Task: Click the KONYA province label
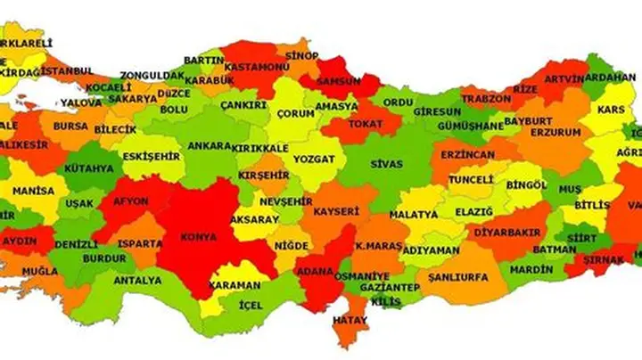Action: coord(199,239)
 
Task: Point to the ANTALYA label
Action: coord(138,280)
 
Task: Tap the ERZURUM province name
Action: coord(556,132)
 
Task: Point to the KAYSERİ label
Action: coord(336,212)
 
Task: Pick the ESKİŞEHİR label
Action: coord(152,156)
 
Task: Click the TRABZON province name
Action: coord(486,98)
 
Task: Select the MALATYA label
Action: coord(414,215)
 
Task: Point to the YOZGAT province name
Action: coord(314,159)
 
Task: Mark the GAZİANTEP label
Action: coord(389,289)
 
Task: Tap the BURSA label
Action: coord(70,127)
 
